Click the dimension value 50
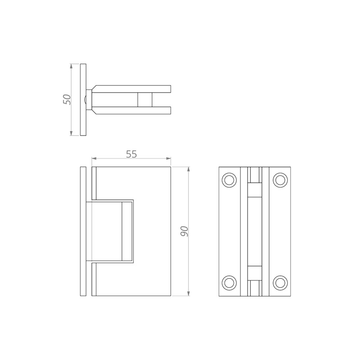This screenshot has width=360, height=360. [x=67, y=99]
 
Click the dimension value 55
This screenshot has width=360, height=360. [x=131, y=154]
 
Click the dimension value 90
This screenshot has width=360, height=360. [x=184, y=231]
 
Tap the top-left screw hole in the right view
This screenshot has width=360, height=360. [x=229, y=180]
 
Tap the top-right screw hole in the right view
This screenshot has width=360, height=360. [x=280, y=180]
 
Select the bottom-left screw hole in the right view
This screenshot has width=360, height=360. [x=229, y=282]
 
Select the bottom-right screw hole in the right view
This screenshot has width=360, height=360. [x=280, y=282]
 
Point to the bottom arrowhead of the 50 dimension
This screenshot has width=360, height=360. [x=71, y=133]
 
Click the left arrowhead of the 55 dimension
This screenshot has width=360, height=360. [x=94, y=158]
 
